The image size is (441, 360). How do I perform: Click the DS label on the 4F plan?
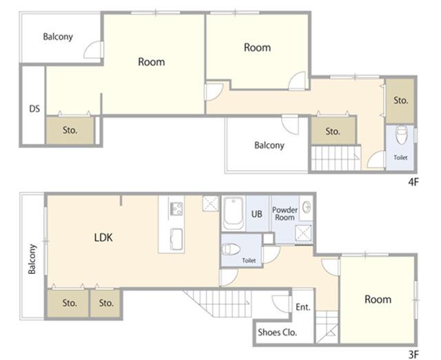(34, 109)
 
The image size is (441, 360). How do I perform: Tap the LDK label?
(103, 237)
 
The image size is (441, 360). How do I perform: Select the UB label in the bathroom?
(256, 214)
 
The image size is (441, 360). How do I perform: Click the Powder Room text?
(285, 213)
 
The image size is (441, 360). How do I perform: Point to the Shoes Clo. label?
(277, 332)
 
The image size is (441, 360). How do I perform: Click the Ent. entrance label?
(303, 307)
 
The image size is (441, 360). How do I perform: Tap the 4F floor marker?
(413, 182)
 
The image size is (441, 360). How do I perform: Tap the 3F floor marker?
(413, 354)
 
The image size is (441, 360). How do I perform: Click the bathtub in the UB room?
(233, 213)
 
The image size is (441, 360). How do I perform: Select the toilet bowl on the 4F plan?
(401, 135)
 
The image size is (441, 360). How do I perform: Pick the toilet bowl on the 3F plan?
(232, 250)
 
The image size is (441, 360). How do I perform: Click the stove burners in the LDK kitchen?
(176, 209)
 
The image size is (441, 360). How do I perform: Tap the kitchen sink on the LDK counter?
(176, 239)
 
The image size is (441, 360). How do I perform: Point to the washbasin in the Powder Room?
(307, 208)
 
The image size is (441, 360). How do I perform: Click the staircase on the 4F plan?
(336, 158)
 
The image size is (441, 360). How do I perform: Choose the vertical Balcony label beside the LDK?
(32, 259)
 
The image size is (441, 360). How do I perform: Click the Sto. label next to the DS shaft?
(70, 130)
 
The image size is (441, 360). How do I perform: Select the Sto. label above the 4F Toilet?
(400, 100)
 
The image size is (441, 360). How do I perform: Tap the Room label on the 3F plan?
(378, 299)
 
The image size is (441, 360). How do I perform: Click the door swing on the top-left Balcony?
(93, 50)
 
